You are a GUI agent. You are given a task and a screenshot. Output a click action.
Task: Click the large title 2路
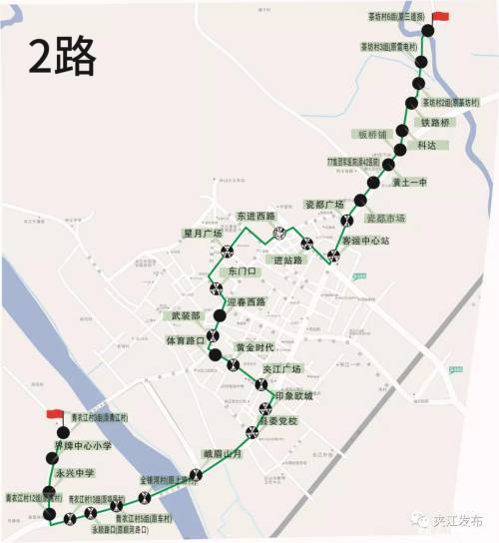[62, 57]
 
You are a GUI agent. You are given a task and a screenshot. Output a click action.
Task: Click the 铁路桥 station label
[437, 122]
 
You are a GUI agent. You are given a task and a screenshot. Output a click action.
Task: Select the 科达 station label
[427, 145]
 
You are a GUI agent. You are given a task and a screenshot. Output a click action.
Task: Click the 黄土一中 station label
[409, 182]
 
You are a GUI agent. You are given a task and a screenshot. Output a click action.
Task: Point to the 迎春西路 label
[247, 302]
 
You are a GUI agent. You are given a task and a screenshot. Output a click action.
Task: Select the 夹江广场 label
[281, 369]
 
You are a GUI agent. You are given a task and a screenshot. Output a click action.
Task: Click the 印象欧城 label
[293, 395]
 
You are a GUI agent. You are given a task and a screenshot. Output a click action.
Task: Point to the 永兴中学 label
[75, 472]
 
